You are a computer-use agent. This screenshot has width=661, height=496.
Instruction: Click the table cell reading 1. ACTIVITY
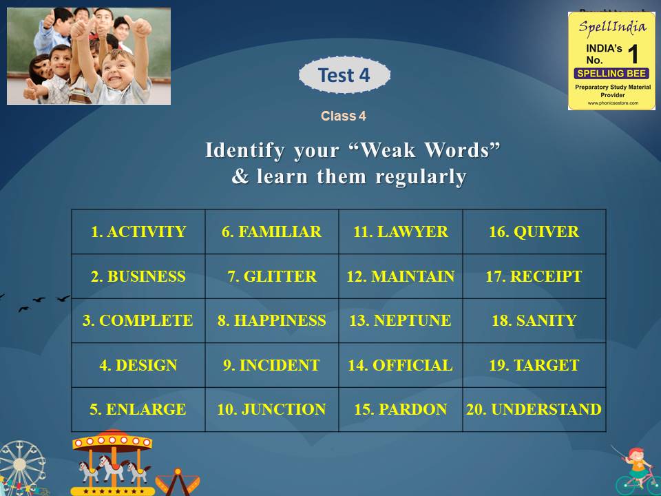138,232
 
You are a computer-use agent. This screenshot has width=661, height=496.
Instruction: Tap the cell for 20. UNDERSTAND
534,409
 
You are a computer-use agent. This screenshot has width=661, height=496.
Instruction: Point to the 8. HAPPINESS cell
271,321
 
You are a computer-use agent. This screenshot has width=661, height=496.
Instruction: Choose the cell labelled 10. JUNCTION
271,409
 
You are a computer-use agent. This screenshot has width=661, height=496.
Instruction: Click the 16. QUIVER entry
534,232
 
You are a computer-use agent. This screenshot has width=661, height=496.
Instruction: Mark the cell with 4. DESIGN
138,365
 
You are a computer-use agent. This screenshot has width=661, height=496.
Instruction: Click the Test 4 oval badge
344,75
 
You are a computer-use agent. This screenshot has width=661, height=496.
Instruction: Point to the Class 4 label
343,116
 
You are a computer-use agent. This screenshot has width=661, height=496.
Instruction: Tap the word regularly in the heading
421,177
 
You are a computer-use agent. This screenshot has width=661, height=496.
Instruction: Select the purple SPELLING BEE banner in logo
611,73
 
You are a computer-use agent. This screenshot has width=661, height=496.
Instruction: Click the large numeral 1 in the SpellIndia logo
633,54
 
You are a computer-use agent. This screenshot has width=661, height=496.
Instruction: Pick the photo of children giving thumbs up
89,56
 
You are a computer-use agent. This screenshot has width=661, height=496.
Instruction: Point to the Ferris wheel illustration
22,468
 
